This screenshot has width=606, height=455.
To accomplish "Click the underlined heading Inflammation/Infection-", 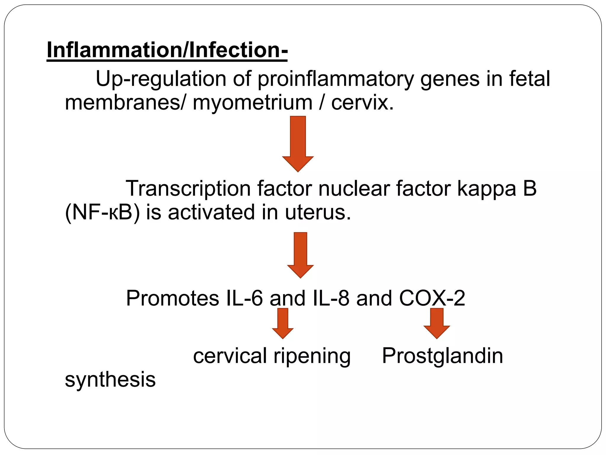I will pos(167,50).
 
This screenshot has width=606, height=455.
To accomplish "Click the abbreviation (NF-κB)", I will pos(102,213).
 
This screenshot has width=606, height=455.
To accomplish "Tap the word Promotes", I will pos(173,298).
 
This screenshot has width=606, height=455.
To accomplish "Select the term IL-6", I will pos(244,298).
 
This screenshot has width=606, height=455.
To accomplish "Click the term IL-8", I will pos(331,298).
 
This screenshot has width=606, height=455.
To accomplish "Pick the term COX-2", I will pos(432,298).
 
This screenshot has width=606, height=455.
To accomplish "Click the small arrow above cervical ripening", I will pos(283,323).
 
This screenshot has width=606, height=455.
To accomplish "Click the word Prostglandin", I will pos(442,356).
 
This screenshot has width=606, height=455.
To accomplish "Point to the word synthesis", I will pos(110,379).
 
